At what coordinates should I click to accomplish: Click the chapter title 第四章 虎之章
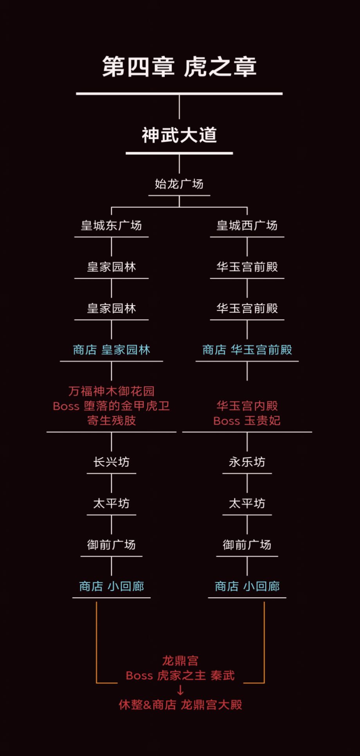pos(179,67)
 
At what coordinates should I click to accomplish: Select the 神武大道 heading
pos(179,135)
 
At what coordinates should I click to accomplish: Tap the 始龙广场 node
pos(179,184)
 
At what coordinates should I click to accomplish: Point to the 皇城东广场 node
pos(112,225)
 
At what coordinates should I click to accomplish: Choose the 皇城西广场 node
pos(247,225)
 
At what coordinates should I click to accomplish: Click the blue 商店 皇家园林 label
pos(112,350)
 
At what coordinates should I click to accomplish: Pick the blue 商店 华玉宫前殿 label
pos(247,350)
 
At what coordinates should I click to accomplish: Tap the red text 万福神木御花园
pos(112,391)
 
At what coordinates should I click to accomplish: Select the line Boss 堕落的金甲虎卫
pos(112,406)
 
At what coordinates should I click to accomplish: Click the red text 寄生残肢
pos(112,421)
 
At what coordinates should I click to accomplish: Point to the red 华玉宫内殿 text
pos(247,406)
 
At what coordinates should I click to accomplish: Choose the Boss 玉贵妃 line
pos(247,421)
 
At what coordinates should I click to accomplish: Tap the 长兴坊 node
pos(112,462)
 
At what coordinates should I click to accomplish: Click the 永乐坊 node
pos(247,462)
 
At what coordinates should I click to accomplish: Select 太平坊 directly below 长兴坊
pos(112,504)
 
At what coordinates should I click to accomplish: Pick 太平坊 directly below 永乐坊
pos(247,504)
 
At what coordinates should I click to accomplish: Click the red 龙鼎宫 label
pos(180,661)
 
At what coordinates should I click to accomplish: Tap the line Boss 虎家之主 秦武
pos(180,676)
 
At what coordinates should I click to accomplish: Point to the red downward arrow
pos(180,690)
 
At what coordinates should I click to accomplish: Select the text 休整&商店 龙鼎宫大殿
pos(180,705)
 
